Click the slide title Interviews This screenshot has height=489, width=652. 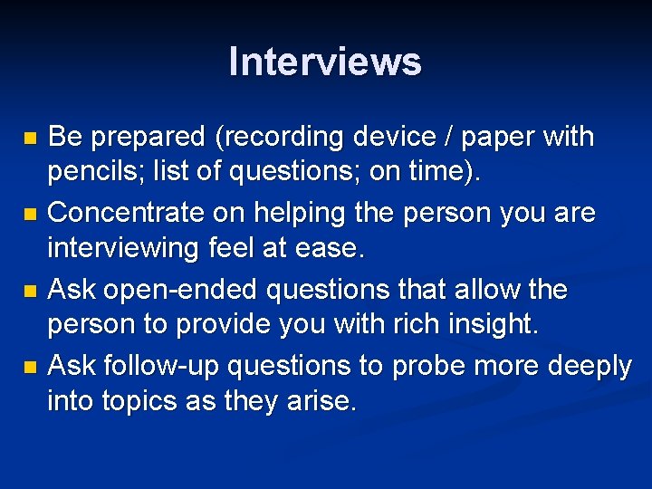(x=325, y=62)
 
